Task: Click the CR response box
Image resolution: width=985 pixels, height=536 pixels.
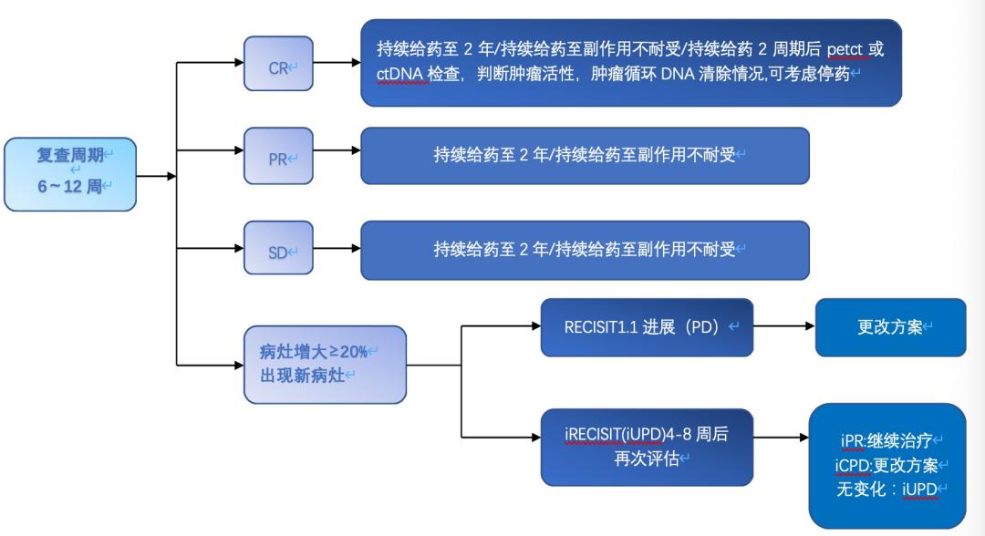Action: coord(278,64)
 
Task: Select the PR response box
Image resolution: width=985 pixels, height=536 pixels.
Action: coord(278,156)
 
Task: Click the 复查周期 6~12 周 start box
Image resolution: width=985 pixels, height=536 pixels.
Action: coord(70,173)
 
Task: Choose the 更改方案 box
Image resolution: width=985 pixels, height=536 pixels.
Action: coord(890,327)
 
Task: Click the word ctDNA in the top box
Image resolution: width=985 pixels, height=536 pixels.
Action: coord(401,74)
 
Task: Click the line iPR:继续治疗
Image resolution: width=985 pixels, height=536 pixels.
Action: coord(886,441)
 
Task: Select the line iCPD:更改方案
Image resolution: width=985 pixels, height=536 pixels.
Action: coord(886,466)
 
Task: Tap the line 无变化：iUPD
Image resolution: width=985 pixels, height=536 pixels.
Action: coord(886,490)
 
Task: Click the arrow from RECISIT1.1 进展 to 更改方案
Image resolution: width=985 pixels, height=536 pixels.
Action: coord(783,325)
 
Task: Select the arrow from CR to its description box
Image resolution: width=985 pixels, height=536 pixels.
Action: coord(337,64)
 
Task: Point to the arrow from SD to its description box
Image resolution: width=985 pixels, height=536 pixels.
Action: coord(337,249)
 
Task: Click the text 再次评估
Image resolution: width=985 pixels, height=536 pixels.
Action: coord(647,459)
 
